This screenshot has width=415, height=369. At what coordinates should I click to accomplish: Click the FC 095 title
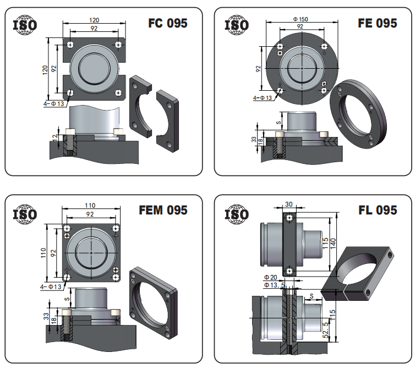pyautogui.click(x=168, y=23)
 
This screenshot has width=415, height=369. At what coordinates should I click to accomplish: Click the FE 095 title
pyautogui.click(x=378, y=23)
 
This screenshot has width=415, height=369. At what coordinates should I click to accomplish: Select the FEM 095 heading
pyautogui.click(x=163, y=210)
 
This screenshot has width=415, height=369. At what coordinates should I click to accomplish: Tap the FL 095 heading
pyautogui.click(x=378, y=210)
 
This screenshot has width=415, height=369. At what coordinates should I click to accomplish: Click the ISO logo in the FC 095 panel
pyautogui.click(x=25, y=25)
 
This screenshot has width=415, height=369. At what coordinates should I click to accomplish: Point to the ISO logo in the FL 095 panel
pyautogui.click(x=237, y=214)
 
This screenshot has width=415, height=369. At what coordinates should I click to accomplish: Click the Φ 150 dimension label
pyautogui.click(x=301, y=19)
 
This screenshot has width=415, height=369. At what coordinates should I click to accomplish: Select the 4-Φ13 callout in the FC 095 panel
pyautogui.click(x=54, y=104)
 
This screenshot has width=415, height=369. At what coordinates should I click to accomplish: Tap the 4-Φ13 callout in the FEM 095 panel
pyautogui.click(x=51, y=287)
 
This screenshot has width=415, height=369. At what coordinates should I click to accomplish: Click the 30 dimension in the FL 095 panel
pyautogui.click(x=289, y=204)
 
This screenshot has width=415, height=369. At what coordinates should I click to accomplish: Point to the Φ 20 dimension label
pyautogui.click(x=270, y=277)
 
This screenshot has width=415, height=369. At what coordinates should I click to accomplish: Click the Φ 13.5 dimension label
pyautogui.click(x=275, y=285)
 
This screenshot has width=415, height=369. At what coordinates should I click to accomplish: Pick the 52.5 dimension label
pyautogui.click(x=326, y=329)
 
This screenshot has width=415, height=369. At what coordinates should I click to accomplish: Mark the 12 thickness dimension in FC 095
pyautogui.click(x=54, y=137)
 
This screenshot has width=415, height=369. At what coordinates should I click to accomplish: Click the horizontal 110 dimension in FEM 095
pyautogui.click(x=90, y=205)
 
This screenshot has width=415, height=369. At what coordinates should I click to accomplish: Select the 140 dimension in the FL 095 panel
pyautogui.click(x=332, y=244)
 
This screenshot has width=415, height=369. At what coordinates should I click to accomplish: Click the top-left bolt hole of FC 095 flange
pyautogui.click(x=70, y=45)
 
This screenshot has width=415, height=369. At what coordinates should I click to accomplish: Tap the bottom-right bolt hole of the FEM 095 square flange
pyautogui.click(x=116, y=277)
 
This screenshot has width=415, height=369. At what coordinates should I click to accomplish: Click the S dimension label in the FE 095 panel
pyautogui.click(x=279, y=123)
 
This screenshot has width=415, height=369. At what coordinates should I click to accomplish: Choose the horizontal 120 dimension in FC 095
pyautogui.click(x=94, y=20)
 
